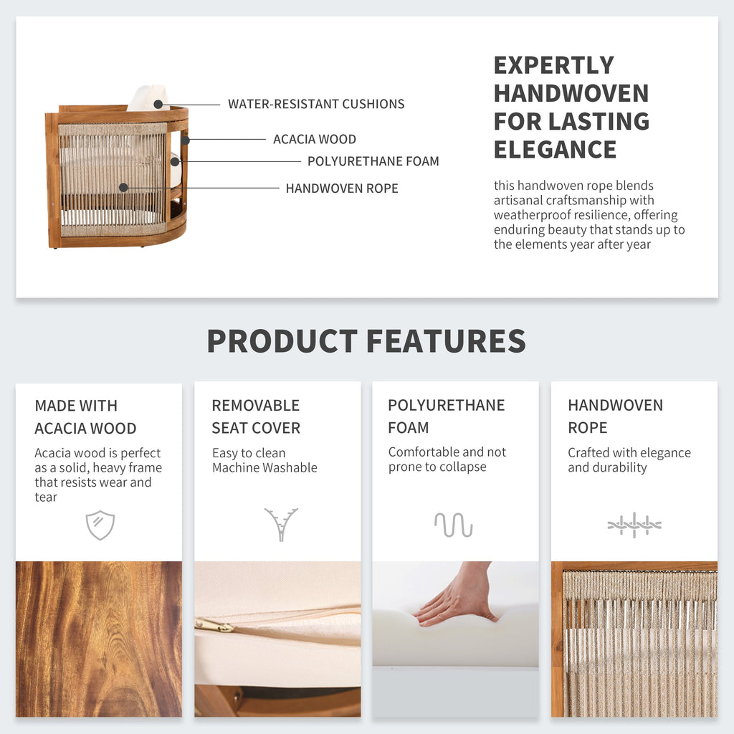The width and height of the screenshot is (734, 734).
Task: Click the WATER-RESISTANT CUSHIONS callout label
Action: tap(316, 104)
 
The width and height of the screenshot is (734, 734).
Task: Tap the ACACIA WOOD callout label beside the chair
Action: tap(315, 140)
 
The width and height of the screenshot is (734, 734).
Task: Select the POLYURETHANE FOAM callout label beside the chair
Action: tap(373, 161)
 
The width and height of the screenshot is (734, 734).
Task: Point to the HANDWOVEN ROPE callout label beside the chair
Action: tap(342, 189)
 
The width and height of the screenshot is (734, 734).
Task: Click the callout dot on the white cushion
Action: tap(158, 105)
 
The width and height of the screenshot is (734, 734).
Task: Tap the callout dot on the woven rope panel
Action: tap(123, 188)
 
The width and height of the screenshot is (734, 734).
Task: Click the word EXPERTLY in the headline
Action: tap(554, 65)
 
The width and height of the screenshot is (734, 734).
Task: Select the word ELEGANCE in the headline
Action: tap(556, 150)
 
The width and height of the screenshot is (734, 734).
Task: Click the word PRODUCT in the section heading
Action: tap(282, 340)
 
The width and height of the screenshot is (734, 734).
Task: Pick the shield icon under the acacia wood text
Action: tap(100, 525)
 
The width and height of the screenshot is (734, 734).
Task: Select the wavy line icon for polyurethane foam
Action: tap(453, 525)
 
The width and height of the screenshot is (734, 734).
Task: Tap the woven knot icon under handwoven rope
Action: tap(634, 525)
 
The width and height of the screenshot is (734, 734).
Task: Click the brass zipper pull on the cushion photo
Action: tap(214, 624)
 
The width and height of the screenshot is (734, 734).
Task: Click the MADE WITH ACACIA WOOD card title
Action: tap(85, 417)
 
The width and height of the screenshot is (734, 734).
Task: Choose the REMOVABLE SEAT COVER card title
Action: tap(256, 416)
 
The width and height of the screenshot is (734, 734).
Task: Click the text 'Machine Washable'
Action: tap(265, 467)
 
